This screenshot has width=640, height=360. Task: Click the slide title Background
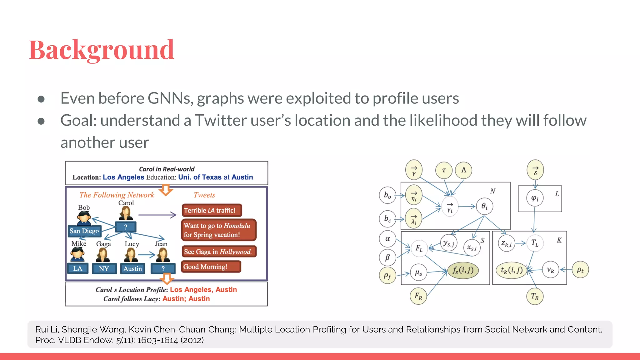pos(102,50)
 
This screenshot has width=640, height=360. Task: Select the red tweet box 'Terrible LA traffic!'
pos(211,210)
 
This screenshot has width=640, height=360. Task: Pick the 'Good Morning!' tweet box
pos(211,267)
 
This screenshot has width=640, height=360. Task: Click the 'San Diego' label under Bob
pos(84,231)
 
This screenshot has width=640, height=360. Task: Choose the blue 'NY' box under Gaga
pos(104,269)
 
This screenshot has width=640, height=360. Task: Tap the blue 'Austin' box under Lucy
pos(132,269)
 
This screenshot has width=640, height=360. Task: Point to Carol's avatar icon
pos(126,213)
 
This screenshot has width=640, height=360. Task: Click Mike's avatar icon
pos(77,254)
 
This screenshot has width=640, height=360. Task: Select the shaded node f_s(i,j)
pos(463,270)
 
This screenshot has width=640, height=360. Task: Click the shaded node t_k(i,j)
pos(512,270)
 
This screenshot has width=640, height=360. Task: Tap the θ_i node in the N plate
pos(484,206)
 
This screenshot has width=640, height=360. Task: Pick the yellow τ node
pos(444,170)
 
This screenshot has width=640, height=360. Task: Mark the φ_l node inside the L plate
pos(535,198)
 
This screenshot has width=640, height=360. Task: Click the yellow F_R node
pos(418,296)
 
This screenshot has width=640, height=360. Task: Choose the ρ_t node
pos(580,270)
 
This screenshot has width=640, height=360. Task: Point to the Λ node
pos(463,170)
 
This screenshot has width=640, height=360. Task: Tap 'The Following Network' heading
pos(117,195)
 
